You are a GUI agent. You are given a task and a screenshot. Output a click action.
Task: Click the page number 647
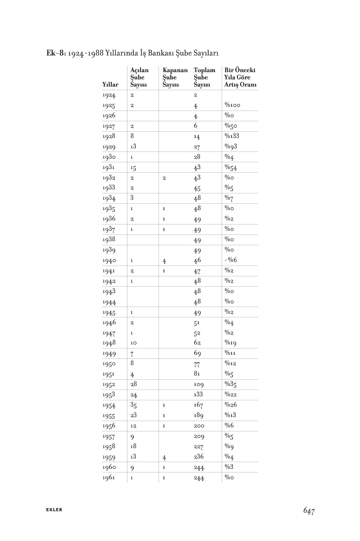pyautogui.click(x=308, y=510)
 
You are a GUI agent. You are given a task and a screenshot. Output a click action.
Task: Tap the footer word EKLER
pyautogui.click(x=54, y=510)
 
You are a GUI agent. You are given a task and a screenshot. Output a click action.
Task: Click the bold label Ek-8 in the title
pyautogui.click(x=56, y=53)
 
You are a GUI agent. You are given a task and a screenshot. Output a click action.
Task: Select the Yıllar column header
pyautogui.click(x=110, y=84)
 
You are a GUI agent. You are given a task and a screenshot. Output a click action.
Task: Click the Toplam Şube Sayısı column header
pyautogui.click(x=204, y=77)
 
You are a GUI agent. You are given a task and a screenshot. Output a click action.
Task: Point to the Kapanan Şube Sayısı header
pyautogui.click(x=175, y=77)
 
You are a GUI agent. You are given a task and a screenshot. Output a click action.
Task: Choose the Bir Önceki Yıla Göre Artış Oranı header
pyautogui.click(x=240, y=77)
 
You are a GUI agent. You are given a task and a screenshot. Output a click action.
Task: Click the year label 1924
pyautogui.click(x=109, y=95)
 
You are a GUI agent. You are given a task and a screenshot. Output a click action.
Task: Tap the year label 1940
pyautogui.click(x=109, y=261)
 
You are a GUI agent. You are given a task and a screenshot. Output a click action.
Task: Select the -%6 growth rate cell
pyautogui.click(x=230, y=261)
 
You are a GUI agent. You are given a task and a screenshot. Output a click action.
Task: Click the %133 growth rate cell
pyautogui.click(x=232, y=136)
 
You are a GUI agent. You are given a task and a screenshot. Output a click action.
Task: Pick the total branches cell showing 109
pyautogui.click(x=199, y=385)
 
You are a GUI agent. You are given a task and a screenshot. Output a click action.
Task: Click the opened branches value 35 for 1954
pyautogui.click(x=133, y=405)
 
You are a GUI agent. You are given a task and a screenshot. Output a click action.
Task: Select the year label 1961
pyautogui.click(x=109, y=477)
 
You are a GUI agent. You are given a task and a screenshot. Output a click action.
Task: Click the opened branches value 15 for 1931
pyautogui.click(x=133, y=168)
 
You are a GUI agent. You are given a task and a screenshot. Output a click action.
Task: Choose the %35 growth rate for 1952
pyautogui.click(x=231, y=385)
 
